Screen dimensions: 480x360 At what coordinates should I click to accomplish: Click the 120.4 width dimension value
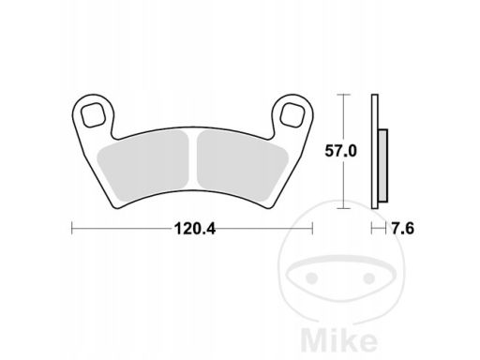195,229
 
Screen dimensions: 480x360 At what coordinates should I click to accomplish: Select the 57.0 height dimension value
340,151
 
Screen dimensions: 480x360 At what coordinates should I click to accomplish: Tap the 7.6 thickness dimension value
403,229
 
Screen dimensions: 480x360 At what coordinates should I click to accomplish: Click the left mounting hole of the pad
92,115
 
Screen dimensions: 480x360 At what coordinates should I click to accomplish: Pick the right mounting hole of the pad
292,115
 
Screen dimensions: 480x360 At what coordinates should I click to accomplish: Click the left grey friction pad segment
143,166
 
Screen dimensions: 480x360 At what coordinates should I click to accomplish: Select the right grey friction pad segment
243,166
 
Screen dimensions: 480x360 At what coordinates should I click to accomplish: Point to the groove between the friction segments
193,161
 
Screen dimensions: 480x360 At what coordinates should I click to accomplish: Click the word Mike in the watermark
339,340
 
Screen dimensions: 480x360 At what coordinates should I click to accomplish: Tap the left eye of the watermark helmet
311,277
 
